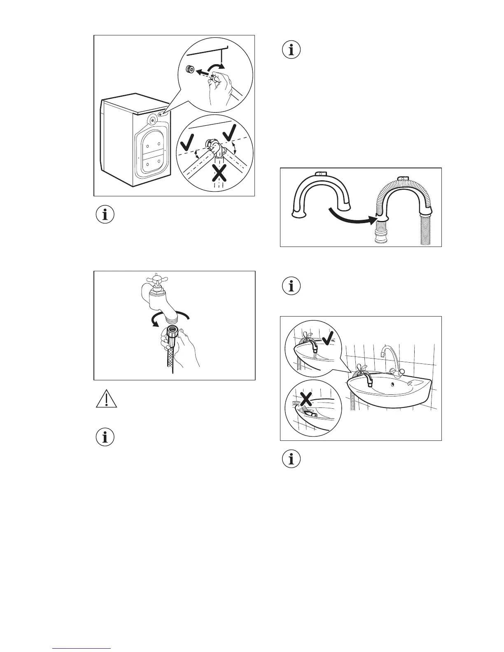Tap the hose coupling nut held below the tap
tap(173, 332)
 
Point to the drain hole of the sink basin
tap(390, 385)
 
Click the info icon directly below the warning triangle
tap(105, 437)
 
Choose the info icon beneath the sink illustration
tap(292, 459)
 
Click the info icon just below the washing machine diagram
tap(105, 214)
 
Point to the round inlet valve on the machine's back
tap(153, 120)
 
